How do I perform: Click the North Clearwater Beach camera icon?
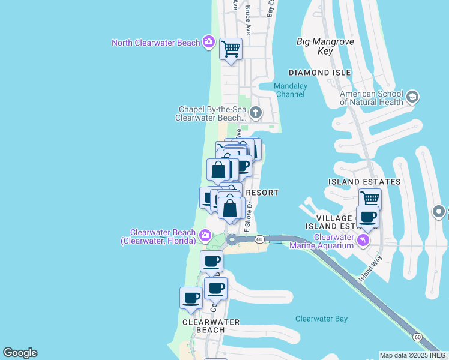click(208, 42)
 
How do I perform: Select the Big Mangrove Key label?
click(325, 46)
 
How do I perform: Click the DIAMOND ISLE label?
click(319, 73)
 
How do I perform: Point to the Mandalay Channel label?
click(291, 90)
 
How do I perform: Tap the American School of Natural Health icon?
click(412, 97)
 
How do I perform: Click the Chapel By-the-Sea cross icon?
click(256, 113)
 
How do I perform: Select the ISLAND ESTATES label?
click(364, 182)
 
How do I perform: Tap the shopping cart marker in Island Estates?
click(370, 198)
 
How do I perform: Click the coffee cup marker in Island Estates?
click(367, 217)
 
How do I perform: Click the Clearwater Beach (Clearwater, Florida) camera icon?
click(205, 235)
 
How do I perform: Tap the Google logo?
click(20, 353)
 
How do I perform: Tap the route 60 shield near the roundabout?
click(259, 239)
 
